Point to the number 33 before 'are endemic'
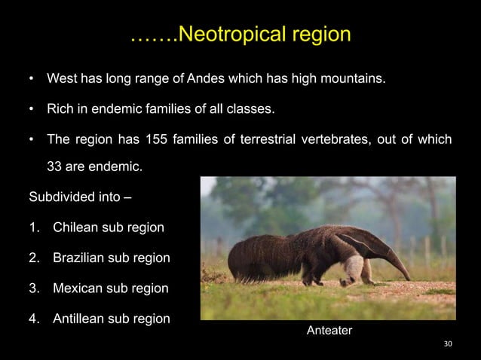55,166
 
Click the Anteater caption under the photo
329,331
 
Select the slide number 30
448,344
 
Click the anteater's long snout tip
408,278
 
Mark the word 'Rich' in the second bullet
60,109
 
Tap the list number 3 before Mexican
33,288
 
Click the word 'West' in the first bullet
61,78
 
